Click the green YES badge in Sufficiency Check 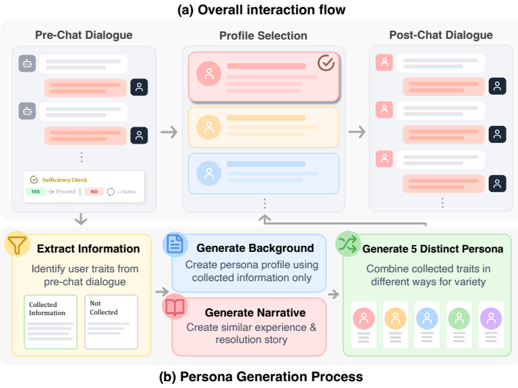[x=35, y=192]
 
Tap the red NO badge [x=94, y=192]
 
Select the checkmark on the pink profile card [x=326, y=62]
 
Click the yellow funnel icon [x=17, y=244]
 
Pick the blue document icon [x=175, y=244]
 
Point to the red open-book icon [x=175, y=306]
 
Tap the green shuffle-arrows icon [x=348, y=244]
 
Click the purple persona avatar [x=491, y=319]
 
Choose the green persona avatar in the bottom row [x=459, y=319]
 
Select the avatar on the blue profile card [x=209, y=173]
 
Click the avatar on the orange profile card [x=209, y=127]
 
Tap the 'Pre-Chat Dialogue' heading [x=84, y=35]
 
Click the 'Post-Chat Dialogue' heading [x=441, y=35]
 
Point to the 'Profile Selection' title [x=263, y=35]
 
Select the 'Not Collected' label [x=103, y=308]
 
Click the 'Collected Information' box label [x=47, y=308]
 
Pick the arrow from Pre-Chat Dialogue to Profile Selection [x=169, y=132]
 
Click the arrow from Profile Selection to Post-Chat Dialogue [x=357, y=132]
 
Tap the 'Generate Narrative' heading [x=255, y=312]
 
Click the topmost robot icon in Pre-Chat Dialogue [x=27, y=63]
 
